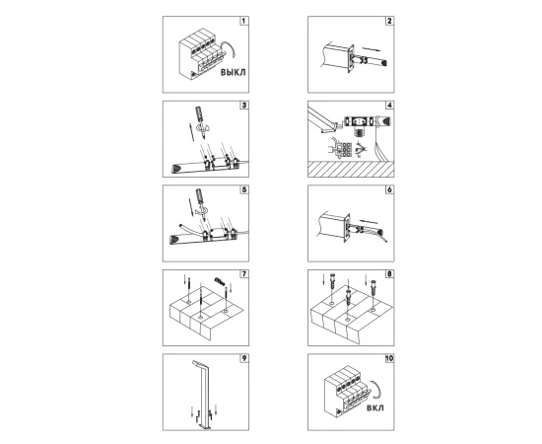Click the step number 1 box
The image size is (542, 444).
point(244,21)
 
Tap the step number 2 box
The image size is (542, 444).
point(389,21)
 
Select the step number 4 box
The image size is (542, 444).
point(389,105)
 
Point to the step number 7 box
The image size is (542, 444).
point(244,273)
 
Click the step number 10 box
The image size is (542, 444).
point(389,358)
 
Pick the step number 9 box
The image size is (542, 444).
point(244,358)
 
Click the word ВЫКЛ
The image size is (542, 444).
point(233,72)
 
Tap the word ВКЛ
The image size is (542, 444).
point(375,407)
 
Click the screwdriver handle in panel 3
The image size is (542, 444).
point(199,113)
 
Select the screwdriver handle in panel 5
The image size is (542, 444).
point(199,195)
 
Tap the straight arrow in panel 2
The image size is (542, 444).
point(371,49)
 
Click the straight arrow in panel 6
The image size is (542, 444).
point(369,221)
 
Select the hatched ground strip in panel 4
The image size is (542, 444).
point(351,169)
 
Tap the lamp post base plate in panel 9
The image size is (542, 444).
point(206,428)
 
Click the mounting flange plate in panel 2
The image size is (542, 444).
point(350,59)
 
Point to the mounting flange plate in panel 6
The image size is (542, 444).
point(347,228)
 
